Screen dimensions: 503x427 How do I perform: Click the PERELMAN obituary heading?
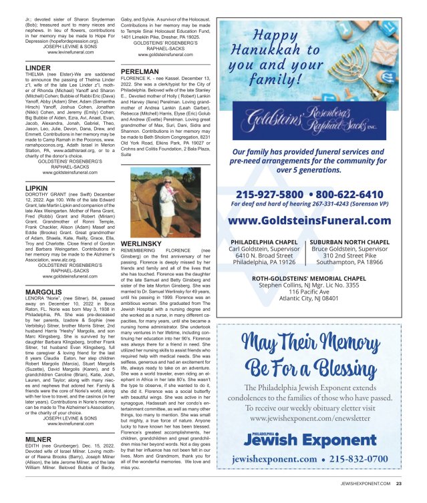coord(140,70)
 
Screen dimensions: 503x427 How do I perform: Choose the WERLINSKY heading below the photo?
coord(142,244)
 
